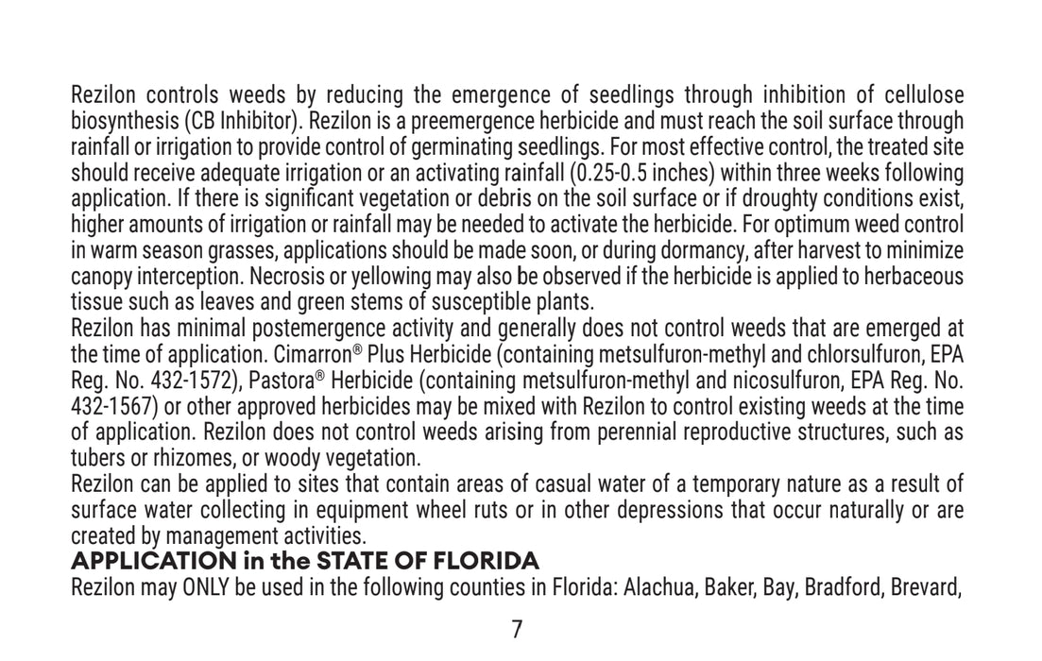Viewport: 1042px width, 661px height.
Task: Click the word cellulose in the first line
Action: (924, 95)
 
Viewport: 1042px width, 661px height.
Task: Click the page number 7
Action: (517, 630)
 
